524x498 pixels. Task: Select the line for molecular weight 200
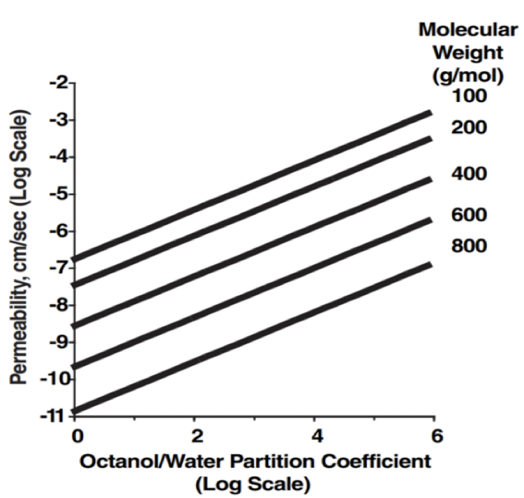253,222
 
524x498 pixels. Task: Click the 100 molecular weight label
469,96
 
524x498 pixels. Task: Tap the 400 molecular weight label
469,174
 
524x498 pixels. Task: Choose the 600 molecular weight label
469,214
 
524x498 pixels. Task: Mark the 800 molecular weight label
469,246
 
